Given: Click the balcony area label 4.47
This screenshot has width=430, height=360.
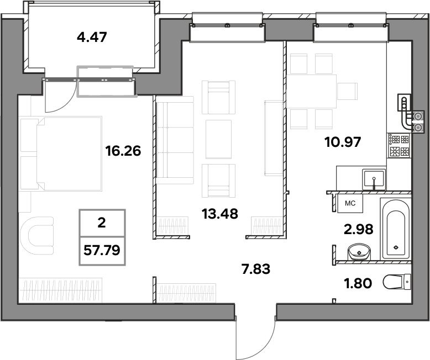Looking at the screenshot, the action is pyautogui.click(x=92, y=37).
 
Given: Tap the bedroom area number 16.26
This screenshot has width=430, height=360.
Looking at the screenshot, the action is pyautogui.click(x=123, y=151).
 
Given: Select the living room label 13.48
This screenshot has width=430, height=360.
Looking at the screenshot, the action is pyautogui.click(x=219, y=214).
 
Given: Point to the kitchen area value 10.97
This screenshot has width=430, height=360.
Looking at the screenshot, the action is pyautogui.click(x=343, y=142).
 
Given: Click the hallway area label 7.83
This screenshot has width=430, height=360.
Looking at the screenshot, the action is pyautogui.click(x=255, y=269).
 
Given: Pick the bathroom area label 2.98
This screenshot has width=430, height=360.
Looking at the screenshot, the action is pyautogui.click(x=358, y=229).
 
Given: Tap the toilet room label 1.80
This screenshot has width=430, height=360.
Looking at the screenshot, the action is pyautogui.click(x=358, y=283).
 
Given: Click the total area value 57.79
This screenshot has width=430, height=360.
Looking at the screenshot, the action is pyautogui.click(x=102, y=250).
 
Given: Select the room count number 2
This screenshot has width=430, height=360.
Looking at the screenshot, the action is pyautogui.click(x=102, y=223).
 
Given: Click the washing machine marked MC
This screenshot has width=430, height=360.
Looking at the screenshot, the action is pyautogui.click(x=350, y=203).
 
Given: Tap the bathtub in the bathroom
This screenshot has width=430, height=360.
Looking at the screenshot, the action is pyautogui.click(x=395, y=230).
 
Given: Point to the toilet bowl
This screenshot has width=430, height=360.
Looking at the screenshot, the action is pyautogui.click(x=397, y=282).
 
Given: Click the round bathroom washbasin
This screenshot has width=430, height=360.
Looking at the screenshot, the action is pyautogui.click(x=359, y=252).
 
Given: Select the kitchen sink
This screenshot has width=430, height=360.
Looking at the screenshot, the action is pyautogui.click(x=374, y=179).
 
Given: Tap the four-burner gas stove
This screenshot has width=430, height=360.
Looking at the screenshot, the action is pyautogui.click(x=399, y=145).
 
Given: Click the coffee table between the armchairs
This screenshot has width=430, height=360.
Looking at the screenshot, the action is pyautogui.click(x=218, y=139).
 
